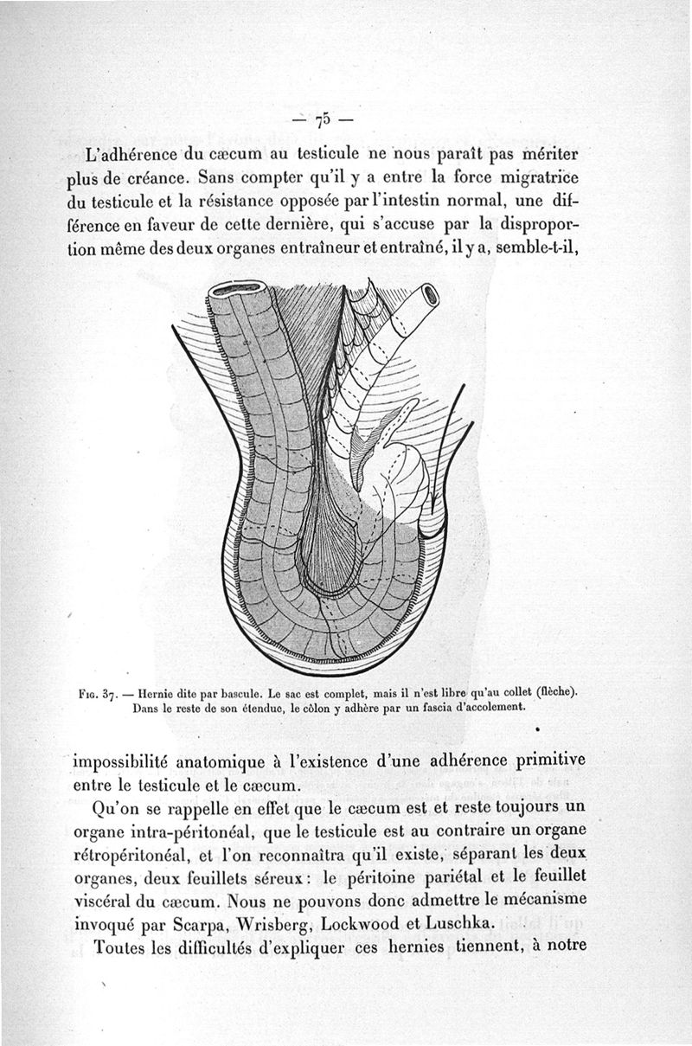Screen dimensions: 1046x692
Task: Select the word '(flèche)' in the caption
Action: (555, 691)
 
